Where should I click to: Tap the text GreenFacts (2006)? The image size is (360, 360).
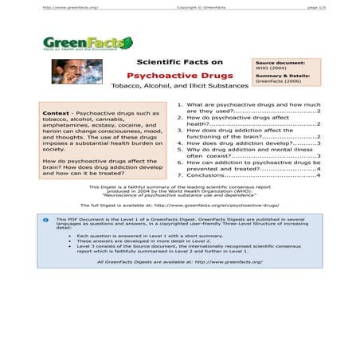279,81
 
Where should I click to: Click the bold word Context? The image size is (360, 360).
58,113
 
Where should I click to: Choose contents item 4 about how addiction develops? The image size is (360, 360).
248,143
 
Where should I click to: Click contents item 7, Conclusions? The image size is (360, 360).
248,175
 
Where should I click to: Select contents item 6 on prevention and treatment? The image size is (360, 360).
248,165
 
